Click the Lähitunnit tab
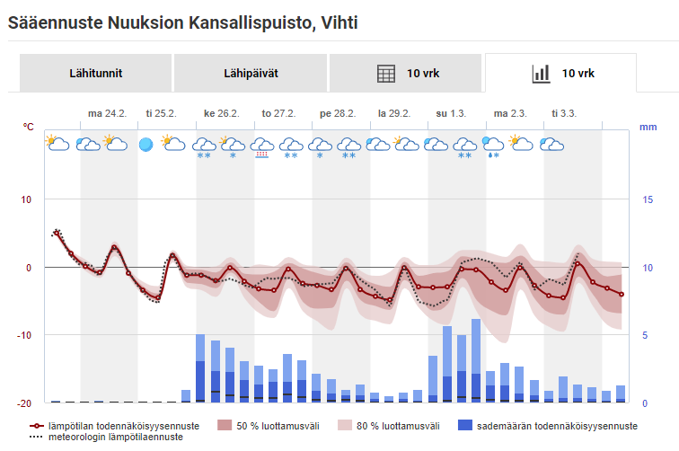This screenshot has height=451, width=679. (x=95, y=74)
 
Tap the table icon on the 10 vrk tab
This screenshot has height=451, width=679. (x=386, y=74)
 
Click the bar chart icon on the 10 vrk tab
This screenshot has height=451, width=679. (x=541, y=74)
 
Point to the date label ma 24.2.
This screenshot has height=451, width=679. (x=107, y=113)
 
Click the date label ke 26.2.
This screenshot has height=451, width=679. (x=221, y=113)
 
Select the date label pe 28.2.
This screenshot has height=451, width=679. (x=338, y=113)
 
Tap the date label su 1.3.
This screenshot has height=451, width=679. (x=452, y=113)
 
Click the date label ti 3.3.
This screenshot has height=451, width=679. (x=565, y=113)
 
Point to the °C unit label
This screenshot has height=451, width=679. (x=29, y=127)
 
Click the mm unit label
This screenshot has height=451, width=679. (x=648, y=127)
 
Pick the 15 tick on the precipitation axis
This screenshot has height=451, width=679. (x=647, y=199)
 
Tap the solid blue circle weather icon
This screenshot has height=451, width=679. (x=146, y=144)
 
